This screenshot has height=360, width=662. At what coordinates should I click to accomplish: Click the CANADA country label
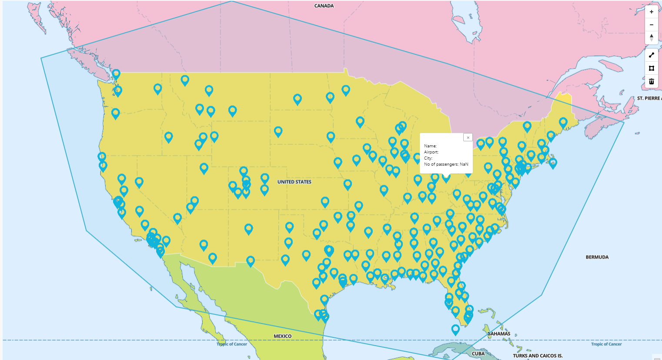tap(324, 6)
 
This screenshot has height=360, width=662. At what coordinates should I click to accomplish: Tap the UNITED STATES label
tap(294, 182)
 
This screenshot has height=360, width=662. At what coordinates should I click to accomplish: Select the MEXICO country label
tap(282, 336)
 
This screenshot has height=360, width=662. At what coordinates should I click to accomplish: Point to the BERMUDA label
tap(597, 257)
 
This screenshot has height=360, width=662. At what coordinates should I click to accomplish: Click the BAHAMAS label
tap(499, 334)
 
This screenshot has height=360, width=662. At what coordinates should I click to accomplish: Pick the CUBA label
tap(478, 353)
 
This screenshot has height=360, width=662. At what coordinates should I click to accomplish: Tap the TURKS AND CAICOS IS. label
tap(538, 356)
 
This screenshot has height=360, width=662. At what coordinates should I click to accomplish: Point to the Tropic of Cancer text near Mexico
tap(232, 344)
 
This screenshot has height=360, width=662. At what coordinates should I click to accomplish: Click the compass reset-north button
tap(651, 37)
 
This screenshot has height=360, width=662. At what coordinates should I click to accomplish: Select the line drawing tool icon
tap(651, 55)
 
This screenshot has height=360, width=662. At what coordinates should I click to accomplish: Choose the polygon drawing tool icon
tap(651, 68)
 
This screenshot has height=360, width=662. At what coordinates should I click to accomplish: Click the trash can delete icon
tap(651, 81)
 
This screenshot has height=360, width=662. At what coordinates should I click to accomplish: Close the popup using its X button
tap(468, 137)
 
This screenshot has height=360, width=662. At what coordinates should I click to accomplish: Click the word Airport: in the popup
tap(431, 152)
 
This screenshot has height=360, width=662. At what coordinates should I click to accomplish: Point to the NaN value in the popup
tap(464, 164)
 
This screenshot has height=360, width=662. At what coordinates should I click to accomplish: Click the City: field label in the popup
tap(428, 158)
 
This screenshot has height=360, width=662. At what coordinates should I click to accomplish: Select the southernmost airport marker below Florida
tap(455, 329)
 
